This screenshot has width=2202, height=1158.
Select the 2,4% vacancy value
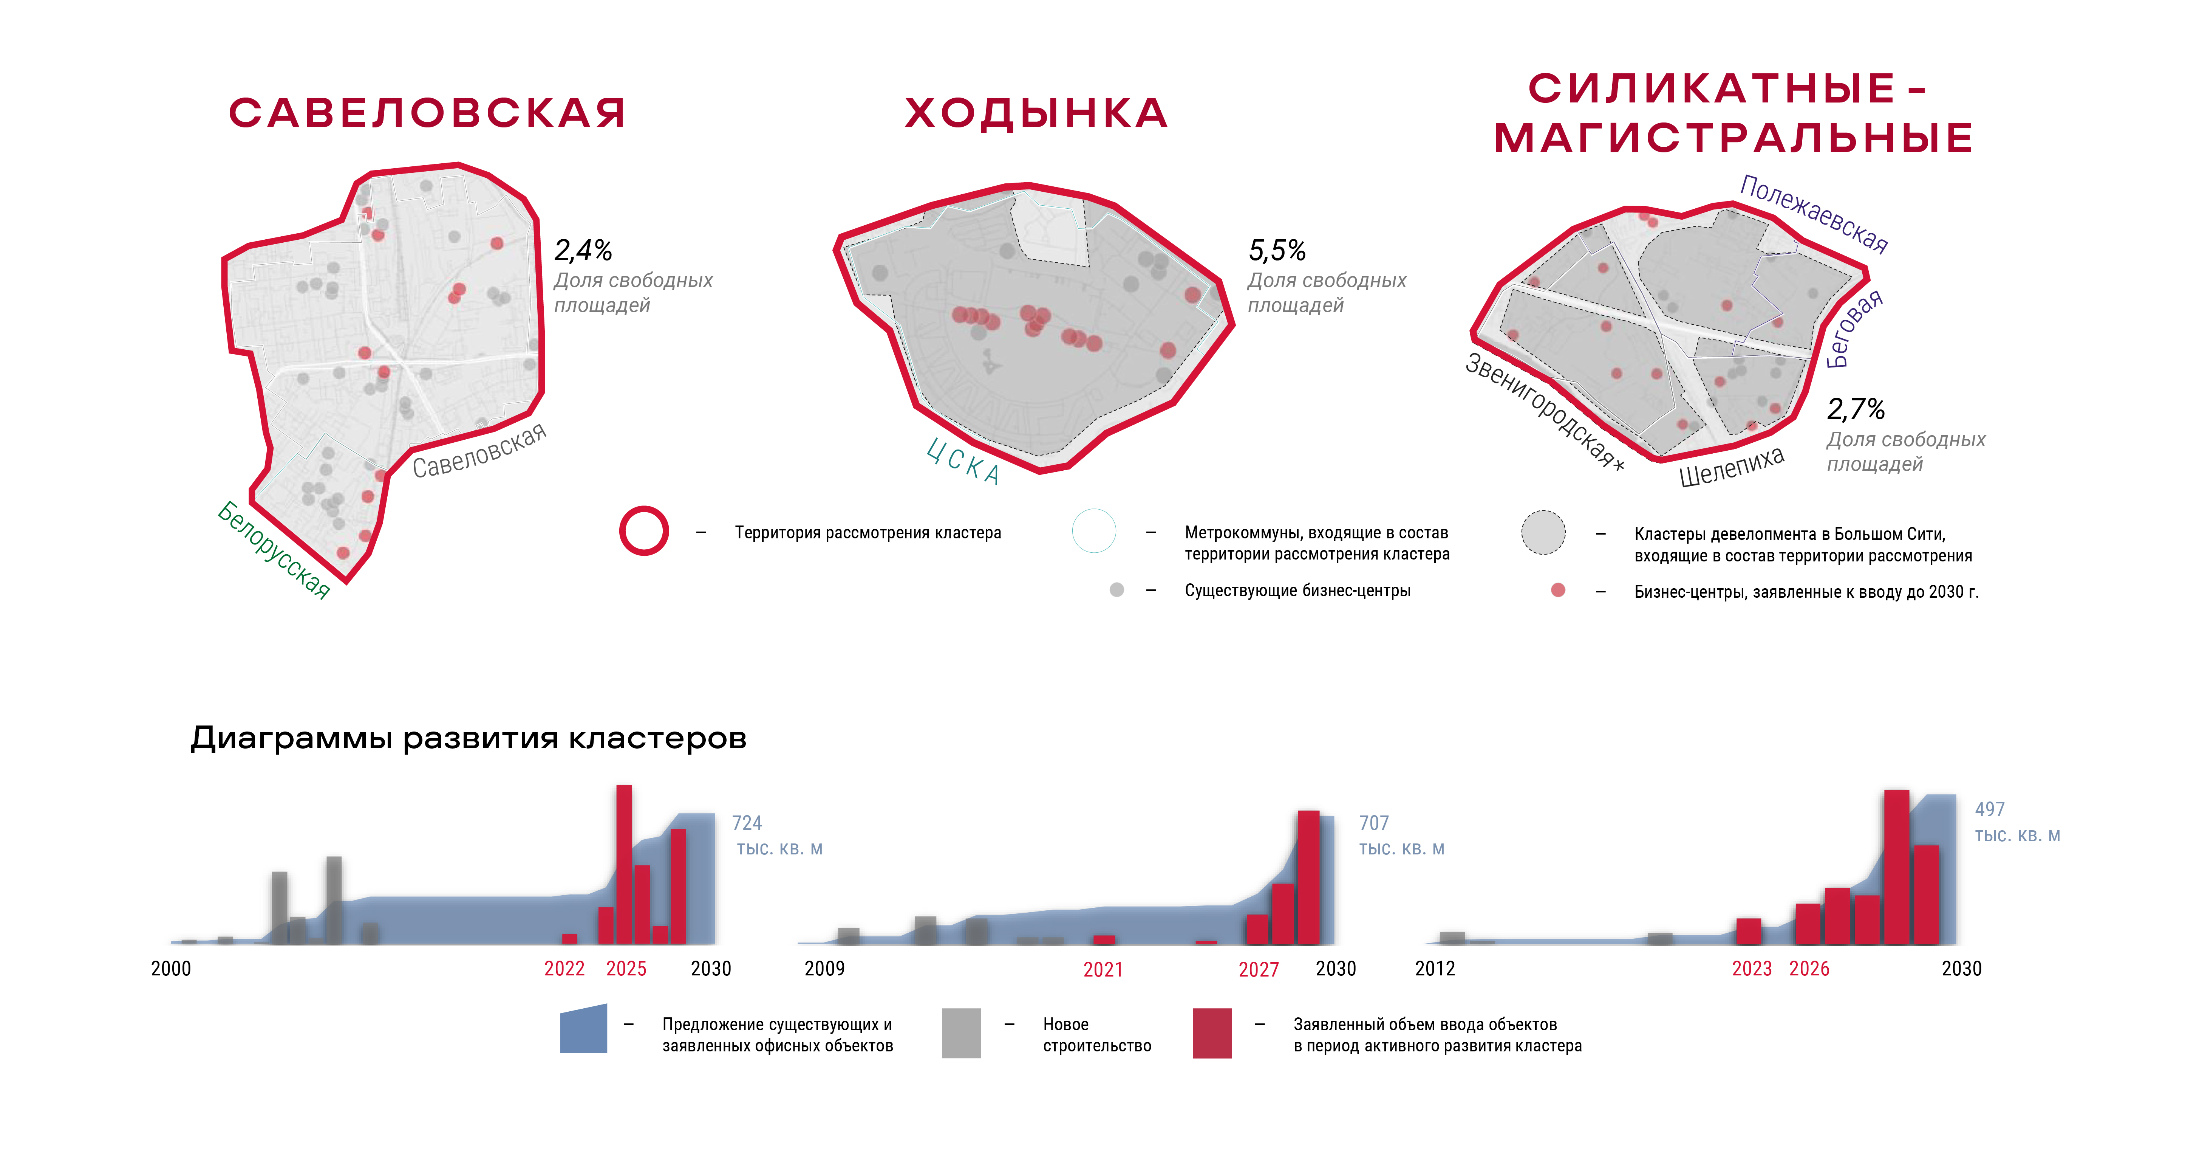583,251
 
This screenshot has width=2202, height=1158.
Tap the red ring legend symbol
644,531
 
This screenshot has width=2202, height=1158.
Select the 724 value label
746,823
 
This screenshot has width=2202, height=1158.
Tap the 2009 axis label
824,968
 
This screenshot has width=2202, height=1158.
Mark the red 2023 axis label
1752,968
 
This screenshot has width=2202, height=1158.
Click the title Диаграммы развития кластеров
469,737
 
